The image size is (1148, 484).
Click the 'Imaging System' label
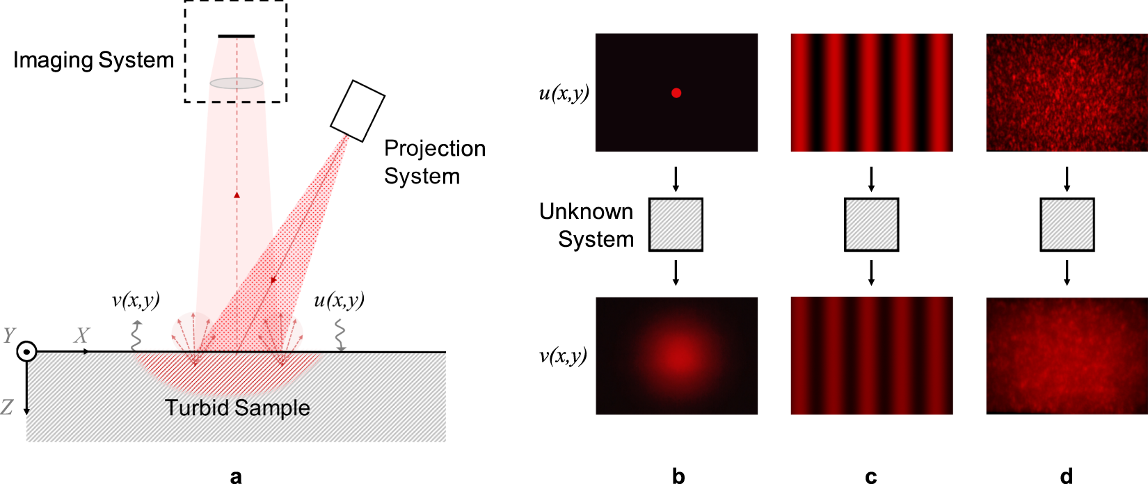[93, 60]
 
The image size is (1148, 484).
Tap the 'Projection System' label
[434, 162]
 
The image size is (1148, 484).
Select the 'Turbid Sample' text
[237, 408]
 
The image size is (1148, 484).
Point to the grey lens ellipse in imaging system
[237, 83]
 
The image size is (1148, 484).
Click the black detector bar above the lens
[237, 36]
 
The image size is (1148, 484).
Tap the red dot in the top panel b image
[676, 93]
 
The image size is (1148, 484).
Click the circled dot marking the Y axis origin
[26, 352]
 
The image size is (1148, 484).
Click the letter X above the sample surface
[82, 336]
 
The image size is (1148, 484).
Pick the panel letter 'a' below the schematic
[236, 476]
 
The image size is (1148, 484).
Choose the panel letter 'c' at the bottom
[871, 476]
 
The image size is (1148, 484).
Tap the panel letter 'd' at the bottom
[1066, 476]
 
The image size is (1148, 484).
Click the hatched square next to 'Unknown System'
[676, 225]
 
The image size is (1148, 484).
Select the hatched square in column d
[1067, 225]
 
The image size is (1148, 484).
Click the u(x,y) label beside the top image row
[564, 93]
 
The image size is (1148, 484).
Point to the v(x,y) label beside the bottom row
[564, 356]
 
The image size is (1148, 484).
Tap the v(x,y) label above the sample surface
[136, 300]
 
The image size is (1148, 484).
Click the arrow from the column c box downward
[871, 273]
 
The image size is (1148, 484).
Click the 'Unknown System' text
[587, 225]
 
